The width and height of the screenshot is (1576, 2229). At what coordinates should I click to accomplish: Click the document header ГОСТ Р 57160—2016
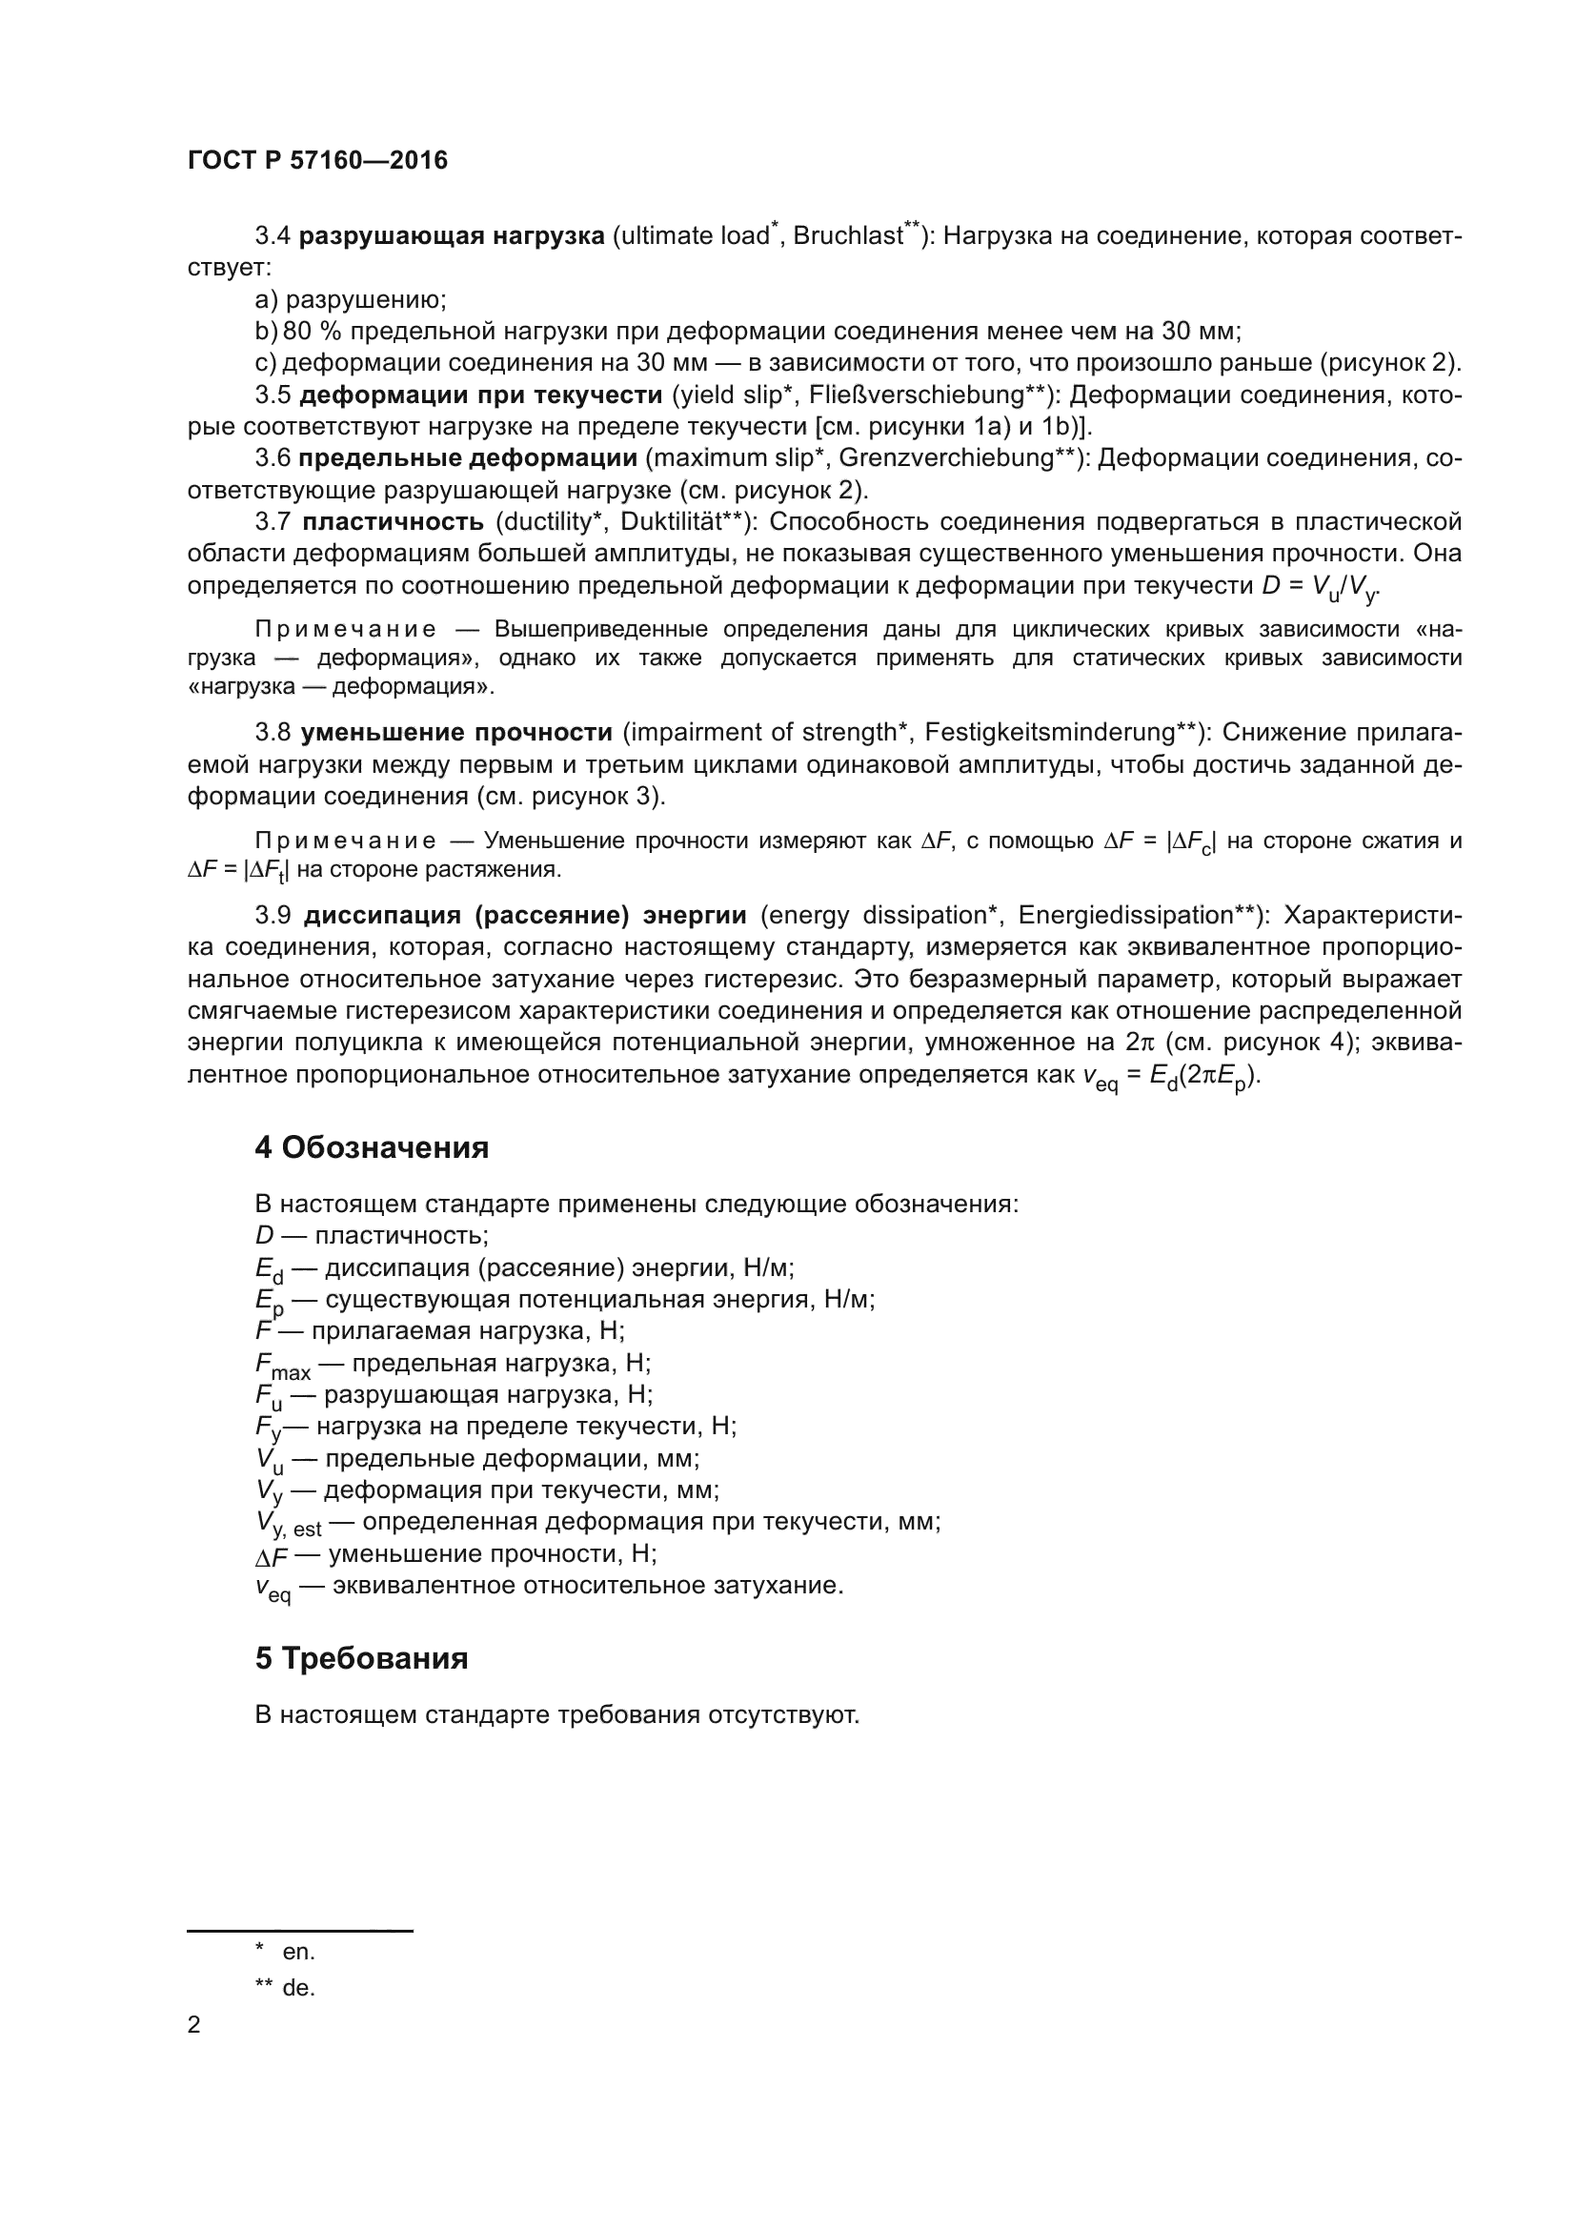tap(317, 160)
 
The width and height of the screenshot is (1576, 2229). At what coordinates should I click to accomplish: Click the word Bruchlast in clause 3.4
tap(847, 237)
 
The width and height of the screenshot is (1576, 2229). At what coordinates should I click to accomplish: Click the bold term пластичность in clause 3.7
tap(392, 522)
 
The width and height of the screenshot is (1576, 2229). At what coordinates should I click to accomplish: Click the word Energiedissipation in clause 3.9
tap(1124, 916)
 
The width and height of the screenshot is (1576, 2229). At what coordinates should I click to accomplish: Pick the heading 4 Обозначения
tap(371, 1147)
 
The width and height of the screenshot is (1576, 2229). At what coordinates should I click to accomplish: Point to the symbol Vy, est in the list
tap(287, 1524)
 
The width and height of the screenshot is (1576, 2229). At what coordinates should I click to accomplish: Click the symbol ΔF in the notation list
tap(272, 1556)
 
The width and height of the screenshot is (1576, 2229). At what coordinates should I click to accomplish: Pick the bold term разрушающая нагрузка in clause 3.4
tap(452, 237)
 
